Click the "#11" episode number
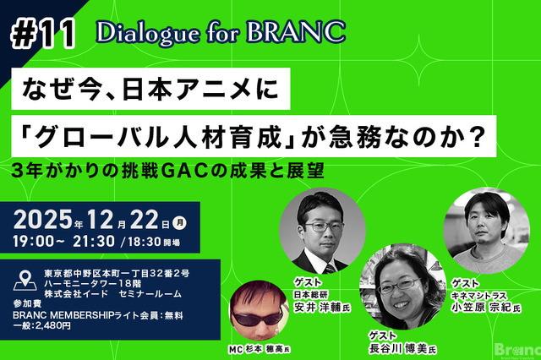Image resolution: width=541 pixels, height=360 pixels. click(45, 32)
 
